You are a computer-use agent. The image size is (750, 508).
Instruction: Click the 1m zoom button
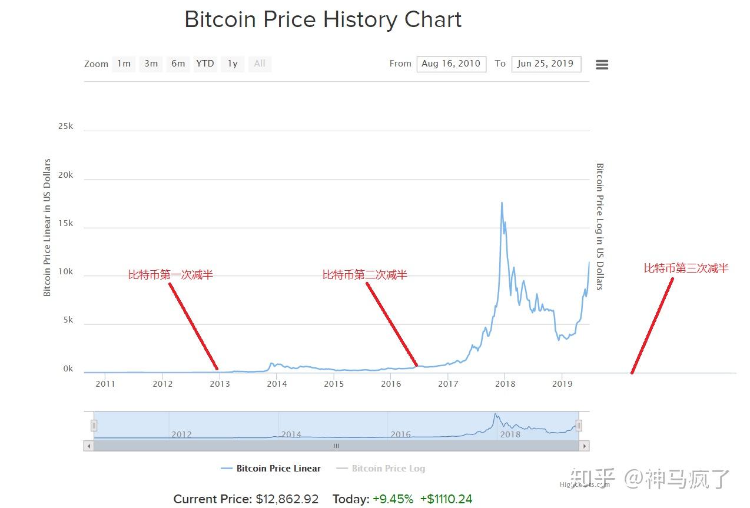point(124,64)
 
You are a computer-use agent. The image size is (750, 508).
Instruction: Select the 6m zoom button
point(178,64)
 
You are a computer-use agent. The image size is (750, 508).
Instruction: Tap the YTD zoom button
point(205,64)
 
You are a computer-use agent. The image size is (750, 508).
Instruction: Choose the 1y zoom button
point(233,64)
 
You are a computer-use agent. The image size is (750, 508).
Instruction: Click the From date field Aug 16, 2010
point(451,64)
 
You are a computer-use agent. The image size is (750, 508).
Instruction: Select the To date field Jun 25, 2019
point(546,64)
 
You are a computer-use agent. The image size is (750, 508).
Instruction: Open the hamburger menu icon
point(602,65)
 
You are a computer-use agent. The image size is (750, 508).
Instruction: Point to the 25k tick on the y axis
point(65,127)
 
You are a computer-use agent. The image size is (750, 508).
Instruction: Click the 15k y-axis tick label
point(65,223)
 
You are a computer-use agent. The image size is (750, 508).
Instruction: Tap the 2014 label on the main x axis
point(277,384)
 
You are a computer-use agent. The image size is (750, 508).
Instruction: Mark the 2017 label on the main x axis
point(448,384)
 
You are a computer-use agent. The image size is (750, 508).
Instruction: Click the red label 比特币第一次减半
point(171,275)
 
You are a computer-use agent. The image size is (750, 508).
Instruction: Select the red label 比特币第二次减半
point(364,275)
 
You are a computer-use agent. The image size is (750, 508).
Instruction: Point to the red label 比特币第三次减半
point(686,268)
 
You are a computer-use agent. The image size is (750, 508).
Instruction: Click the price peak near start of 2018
point(502,203)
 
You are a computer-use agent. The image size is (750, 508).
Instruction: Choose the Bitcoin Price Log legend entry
point(388,469)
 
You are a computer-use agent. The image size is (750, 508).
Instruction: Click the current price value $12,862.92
point(287,499)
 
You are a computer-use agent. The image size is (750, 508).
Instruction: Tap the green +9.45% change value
point(393,499)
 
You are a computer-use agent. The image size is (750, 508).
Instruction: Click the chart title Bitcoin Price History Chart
point(323,19)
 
